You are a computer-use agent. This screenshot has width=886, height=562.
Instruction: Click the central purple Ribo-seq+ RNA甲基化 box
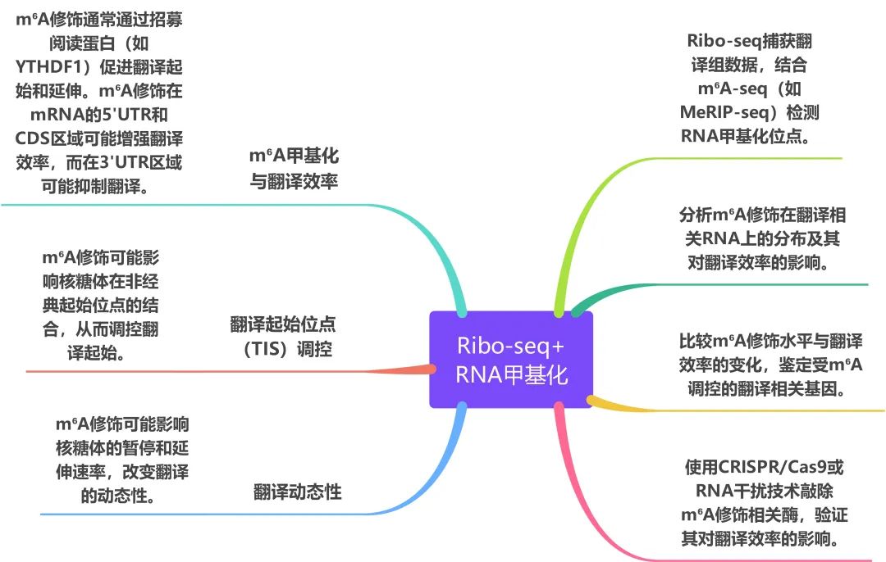[511, 359]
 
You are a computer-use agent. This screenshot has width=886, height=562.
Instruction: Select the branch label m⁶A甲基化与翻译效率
[294, 168]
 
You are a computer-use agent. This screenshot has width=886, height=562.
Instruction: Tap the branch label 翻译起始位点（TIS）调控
[281, 336]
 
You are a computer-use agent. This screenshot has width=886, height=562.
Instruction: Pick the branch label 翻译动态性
[297, 492]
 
